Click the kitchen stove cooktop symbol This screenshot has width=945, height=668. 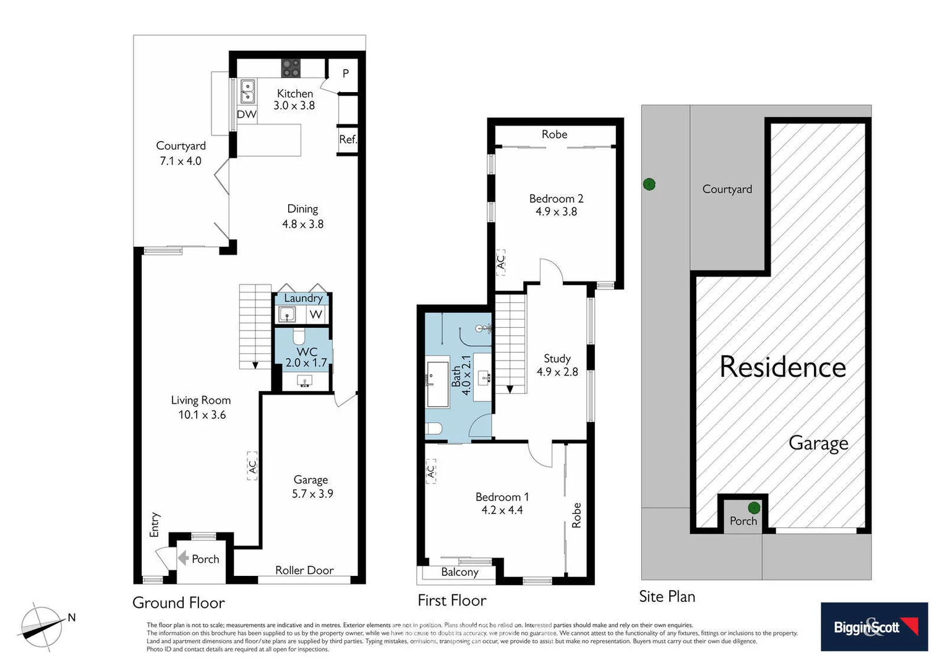291,68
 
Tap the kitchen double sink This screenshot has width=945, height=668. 247,92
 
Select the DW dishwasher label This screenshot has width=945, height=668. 247,114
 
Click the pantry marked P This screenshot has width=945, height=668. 345,74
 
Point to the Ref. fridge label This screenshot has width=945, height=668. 348,140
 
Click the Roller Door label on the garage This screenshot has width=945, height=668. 304,570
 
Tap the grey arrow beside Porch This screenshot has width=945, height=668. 183,559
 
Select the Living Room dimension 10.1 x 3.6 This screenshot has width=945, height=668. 202,415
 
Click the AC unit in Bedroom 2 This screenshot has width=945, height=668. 501,262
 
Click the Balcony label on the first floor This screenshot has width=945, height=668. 460,572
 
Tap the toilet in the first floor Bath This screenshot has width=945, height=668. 434,429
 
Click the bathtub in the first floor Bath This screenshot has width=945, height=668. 438,384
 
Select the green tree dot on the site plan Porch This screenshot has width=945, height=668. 754,508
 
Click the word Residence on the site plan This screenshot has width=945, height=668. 782,367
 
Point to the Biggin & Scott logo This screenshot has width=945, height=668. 874,627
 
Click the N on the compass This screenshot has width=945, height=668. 72,617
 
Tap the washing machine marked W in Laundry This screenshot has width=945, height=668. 316,314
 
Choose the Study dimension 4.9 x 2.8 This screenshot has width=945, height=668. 557,372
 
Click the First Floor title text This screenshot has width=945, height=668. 451,601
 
